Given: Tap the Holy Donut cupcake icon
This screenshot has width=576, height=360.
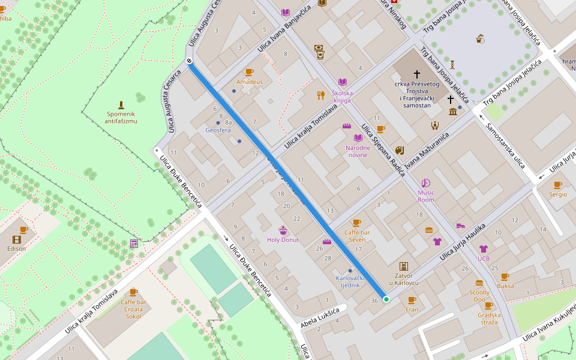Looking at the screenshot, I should pyautogui.click(x=283, y=230).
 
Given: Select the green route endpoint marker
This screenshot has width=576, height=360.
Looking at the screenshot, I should pyautogui.click(x=386, y=299).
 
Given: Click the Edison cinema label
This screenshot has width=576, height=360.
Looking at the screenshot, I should pyautogui.click(x=17, y=248).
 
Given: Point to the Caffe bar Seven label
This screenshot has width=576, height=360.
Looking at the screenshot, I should pyautogui.click(x=356, y=236).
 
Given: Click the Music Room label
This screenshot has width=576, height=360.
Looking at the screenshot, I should pyautogui.click(x=426, y=196).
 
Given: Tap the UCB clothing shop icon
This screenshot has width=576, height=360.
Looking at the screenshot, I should pyautogui.click(x=484, y=249).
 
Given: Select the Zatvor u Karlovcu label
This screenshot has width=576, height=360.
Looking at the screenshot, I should pyautogui.click(x=404, y=279).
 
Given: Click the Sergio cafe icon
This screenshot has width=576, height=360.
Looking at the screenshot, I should pyautogui.click(x=557, y=185).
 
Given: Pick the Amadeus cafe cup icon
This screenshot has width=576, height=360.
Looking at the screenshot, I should pyautogui.click(x=249, y=72).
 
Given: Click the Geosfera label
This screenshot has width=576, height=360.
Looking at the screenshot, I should pyautogui.click(x=218, y=130).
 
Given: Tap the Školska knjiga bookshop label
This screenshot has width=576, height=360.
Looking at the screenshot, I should pyautogui.click(x=342, y=97).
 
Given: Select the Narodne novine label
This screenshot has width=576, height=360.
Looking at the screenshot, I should pyautogui.click(x=358, y=151).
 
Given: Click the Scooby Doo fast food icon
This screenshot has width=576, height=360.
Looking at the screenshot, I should pyautogui.click(x=479, y=283).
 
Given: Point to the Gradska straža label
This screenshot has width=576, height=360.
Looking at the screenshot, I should pyautogui.click(x=488, y=319).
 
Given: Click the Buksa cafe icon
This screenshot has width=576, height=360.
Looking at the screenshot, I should pyautogui.click(x=505, y=277).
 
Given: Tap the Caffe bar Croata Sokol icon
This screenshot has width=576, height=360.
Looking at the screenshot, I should pyautogui.click(x=133, y=292).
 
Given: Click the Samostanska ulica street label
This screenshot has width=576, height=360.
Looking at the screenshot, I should pyautogui.click(x=505, y=145).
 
